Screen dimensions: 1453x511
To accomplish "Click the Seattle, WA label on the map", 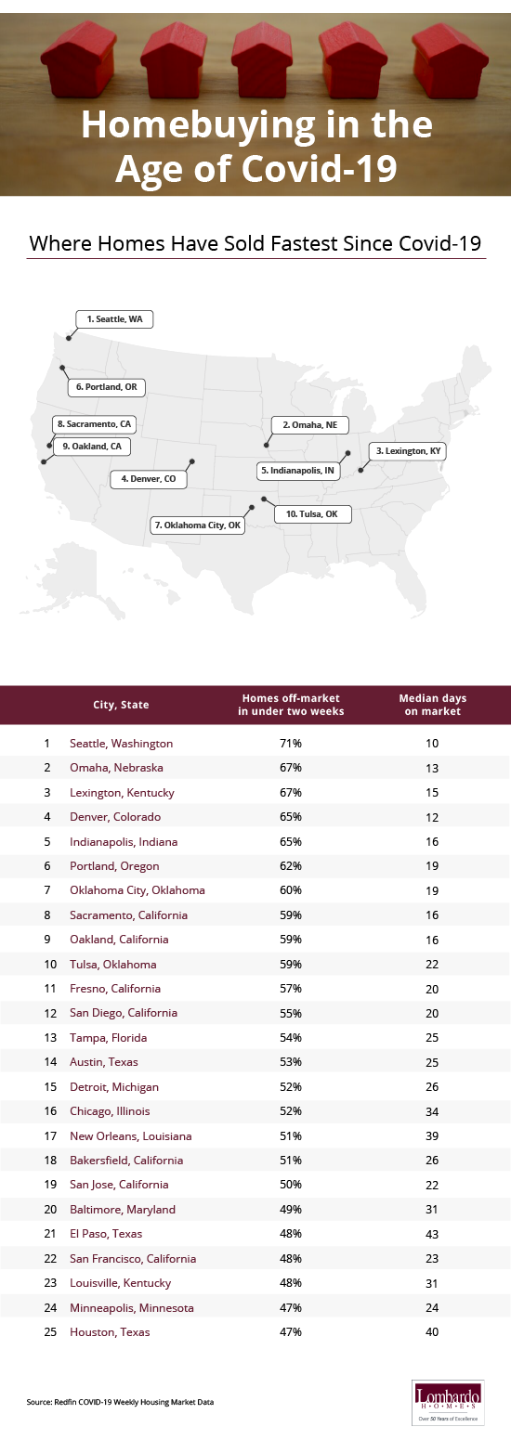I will click(x=115, y=318).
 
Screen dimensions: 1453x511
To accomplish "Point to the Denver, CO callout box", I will click(x=149, y=480).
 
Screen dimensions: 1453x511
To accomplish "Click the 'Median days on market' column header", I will click(x=432, y=705).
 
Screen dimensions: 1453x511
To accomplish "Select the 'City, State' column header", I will click(x=121, y=705).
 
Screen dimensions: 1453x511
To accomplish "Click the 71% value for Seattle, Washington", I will click(x=291, y=744).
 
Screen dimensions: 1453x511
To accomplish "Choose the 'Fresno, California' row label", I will click(x=115, y=989).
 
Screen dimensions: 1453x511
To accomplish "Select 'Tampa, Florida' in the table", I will click(x=108, y=1038).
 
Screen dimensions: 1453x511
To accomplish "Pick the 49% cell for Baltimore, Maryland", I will click(x=291, y=1210).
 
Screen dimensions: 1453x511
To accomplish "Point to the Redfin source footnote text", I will click(x=120, y=1401).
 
